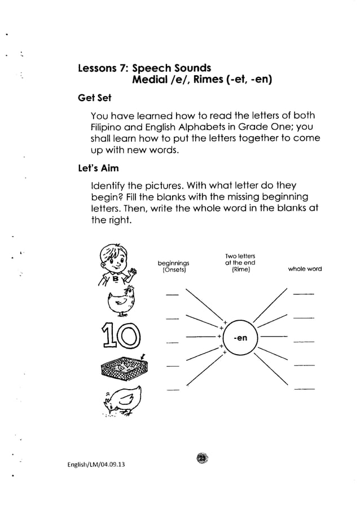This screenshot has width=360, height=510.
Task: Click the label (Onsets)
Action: [x=174, y=269]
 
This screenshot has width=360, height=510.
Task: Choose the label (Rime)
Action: [x=240, y=269]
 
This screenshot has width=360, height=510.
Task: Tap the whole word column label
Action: [x=305, y=269]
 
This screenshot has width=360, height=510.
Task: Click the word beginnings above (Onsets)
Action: [x=174, y=263]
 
